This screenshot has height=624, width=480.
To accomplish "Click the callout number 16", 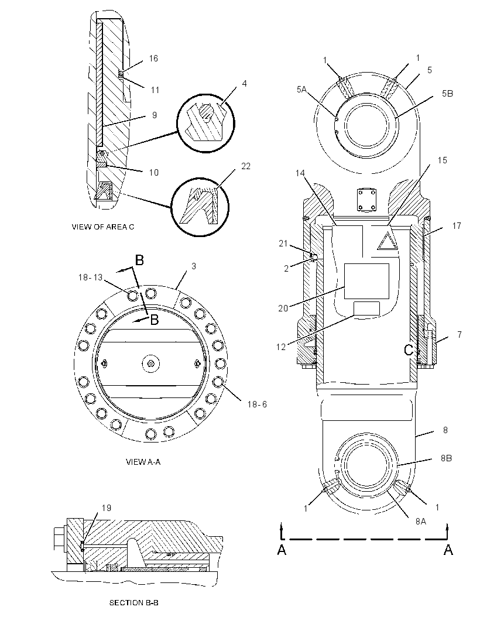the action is tap(153, 59).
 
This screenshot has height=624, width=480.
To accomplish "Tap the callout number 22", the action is tap(246, 166).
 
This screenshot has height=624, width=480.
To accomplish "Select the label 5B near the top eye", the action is tap(447, 93).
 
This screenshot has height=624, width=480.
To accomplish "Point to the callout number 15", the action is tap(442, 160).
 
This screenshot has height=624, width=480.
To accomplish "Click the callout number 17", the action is tap(457, 225).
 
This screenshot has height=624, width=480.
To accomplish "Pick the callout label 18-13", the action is tap(90, 277).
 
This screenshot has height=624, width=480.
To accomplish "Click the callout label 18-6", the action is tap(257, 404).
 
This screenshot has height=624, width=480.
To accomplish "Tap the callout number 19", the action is tap(107, 508).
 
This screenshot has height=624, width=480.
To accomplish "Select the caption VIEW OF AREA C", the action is tap(102, 227).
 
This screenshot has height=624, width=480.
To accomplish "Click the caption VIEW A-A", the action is tap(143, 462).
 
